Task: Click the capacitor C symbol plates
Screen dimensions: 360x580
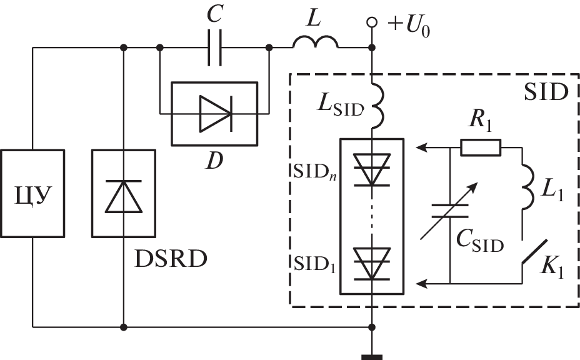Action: pyautogui.click(x=214, y=47)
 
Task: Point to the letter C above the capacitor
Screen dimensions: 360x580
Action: pyautogui.click(x=214, y=16)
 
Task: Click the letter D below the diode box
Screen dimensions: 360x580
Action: pyautogui.click(x=214, y=161)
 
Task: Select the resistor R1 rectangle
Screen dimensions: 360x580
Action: pyautogui.click(x=480, y=148)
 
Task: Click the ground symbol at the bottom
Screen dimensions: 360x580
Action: pyautogui.click(x=372, y=357)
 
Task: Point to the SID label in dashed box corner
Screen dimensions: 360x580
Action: pyautogui.click(x=545, y=93)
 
